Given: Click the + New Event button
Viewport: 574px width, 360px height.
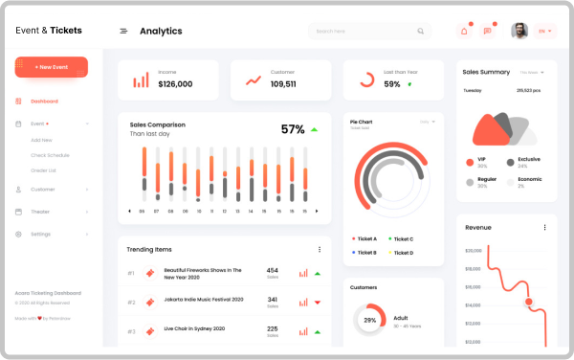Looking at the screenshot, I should pos(51,67).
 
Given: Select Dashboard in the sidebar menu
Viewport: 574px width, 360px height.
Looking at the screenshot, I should pos(43,101).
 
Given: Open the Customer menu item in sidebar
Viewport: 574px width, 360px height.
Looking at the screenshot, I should pos(43,189).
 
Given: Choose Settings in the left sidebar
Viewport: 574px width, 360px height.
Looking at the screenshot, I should pos(40,234).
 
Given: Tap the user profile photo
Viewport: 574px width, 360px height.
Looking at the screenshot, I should pos(519,31).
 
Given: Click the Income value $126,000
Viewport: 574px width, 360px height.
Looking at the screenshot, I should pos(175,84).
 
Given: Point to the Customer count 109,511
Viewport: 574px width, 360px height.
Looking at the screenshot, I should pos(283,84).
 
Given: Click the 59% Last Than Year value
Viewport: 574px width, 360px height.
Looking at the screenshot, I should pos(392,84).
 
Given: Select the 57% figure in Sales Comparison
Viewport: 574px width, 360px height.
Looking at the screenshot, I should pos(293,129).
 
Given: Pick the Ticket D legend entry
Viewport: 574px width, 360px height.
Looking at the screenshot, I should pos(401,252).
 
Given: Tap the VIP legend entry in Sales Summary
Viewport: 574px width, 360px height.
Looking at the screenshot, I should pos(482,160).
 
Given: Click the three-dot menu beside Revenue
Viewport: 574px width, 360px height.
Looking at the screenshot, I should pos(544,227).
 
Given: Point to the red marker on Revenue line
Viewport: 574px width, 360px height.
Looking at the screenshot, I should pos(528,302).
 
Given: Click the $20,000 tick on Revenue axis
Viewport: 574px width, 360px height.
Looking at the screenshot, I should pos(473,250).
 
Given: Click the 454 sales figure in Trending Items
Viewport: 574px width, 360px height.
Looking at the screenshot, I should pos(272,270).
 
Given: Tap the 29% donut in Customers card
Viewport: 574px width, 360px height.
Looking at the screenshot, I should pos(370,320).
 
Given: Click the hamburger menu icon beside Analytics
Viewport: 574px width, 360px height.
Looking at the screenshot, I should pos(123,31).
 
